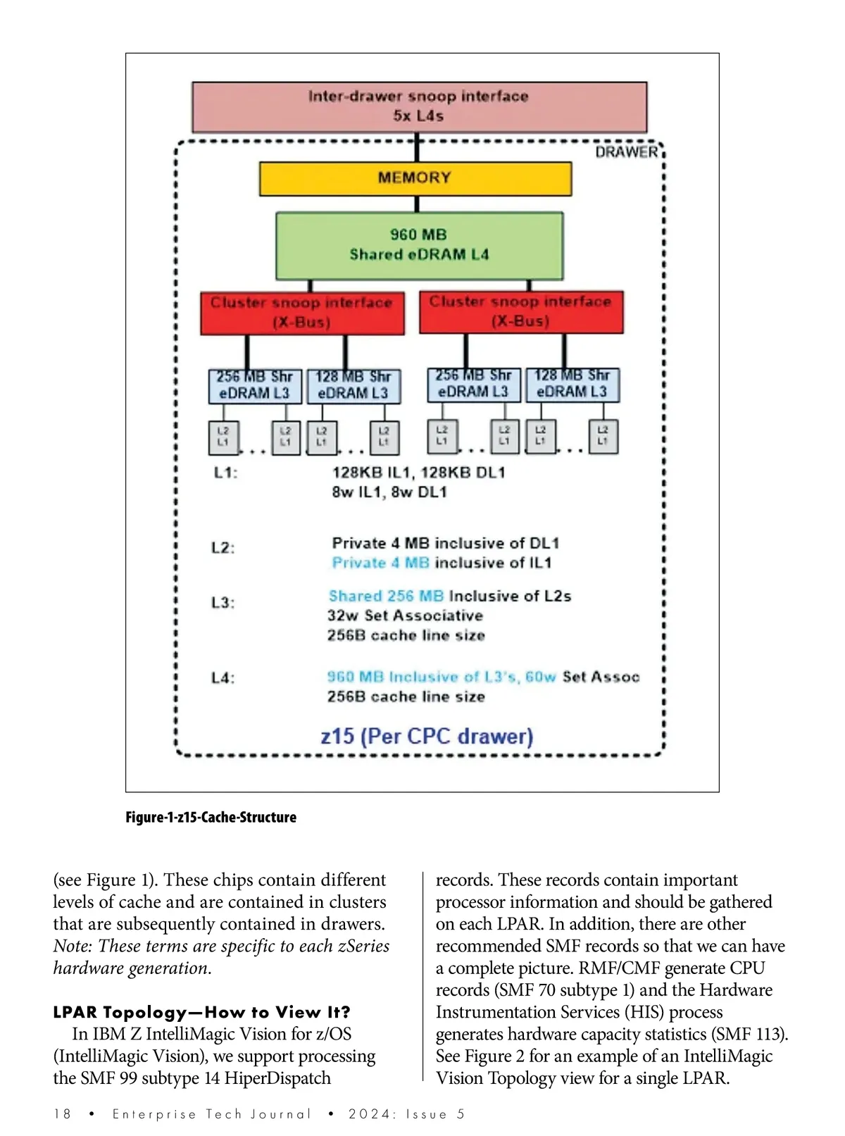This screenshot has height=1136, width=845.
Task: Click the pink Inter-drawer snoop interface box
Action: (x=419, y=106)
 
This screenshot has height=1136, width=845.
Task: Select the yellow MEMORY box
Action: (x=415, y=178)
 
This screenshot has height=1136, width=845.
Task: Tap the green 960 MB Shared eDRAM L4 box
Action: (x=419, y=245)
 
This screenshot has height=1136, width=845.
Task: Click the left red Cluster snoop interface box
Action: (x=302, y=313)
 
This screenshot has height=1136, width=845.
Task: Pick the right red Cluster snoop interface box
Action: (x=521, y=311)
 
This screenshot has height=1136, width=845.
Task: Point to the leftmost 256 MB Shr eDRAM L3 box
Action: (x=254, y=386)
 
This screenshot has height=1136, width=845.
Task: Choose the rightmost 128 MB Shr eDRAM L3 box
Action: (x=572, y=385)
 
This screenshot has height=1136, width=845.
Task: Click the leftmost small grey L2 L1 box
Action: (x=223, y=437)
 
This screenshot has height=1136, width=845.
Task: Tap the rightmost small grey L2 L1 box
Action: (x=603, y=435)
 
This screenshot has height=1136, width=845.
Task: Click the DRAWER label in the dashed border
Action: (x=626, y=152)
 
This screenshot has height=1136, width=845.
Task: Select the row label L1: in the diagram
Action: (x=225, y=473)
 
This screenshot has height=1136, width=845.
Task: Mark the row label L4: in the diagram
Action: (x=223, y=678)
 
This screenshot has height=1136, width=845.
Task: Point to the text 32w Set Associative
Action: (x=405, y=616)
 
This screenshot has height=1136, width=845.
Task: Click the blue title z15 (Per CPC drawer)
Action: (x=427, y=737)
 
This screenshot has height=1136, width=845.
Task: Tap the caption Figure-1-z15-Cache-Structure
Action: (x=211, y=817)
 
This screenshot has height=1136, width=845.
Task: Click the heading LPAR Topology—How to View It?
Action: (x=201, y=1012)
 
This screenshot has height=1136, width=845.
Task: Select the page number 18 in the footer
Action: (x=63, y=1113)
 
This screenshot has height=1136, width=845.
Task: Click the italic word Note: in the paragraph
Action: (x=73, y=946)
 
